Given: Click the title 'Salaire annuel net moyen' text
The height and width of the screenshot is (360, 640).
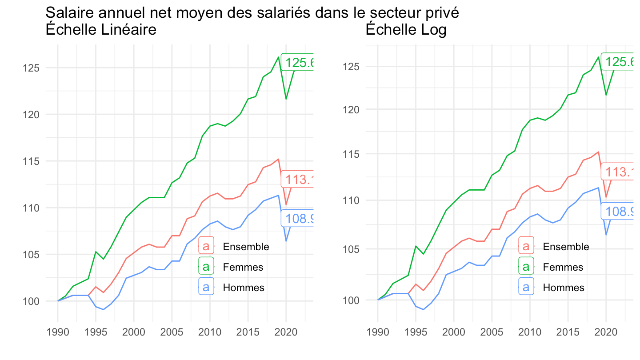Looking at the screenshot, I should point(252,13).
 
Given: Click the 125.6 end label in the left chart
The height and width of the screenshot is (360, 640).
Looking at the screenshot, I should point(300,63).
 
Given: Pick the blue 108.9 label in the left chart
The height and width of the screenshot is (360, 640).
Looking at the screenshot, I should point(300,218).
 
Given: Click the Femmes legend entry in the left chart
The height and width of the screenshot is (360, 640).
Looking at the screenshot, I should point(243,267).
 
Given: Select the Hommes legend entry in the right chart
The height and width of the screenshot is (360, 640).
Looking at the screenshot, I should point(563,288).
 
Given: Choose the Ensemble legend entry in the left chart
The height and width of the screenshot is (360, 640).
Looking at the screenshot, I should point(246,247).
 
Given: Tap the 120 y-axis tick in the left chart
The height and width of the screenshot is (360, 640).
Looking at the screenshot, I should point(35,115).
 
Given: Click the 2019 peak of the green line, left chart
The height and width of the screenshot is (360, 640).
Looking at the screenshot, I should point(278,57).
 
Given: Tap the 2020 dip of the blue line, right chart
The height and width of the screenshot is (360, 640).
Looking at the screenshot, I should point(606,234).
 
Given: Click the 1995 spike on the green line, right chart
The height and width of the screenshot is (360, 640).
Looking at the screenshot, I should point(416,246).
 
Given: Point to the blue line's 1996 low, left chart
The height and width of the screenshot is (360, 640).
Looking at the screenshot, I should point(104,309).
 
